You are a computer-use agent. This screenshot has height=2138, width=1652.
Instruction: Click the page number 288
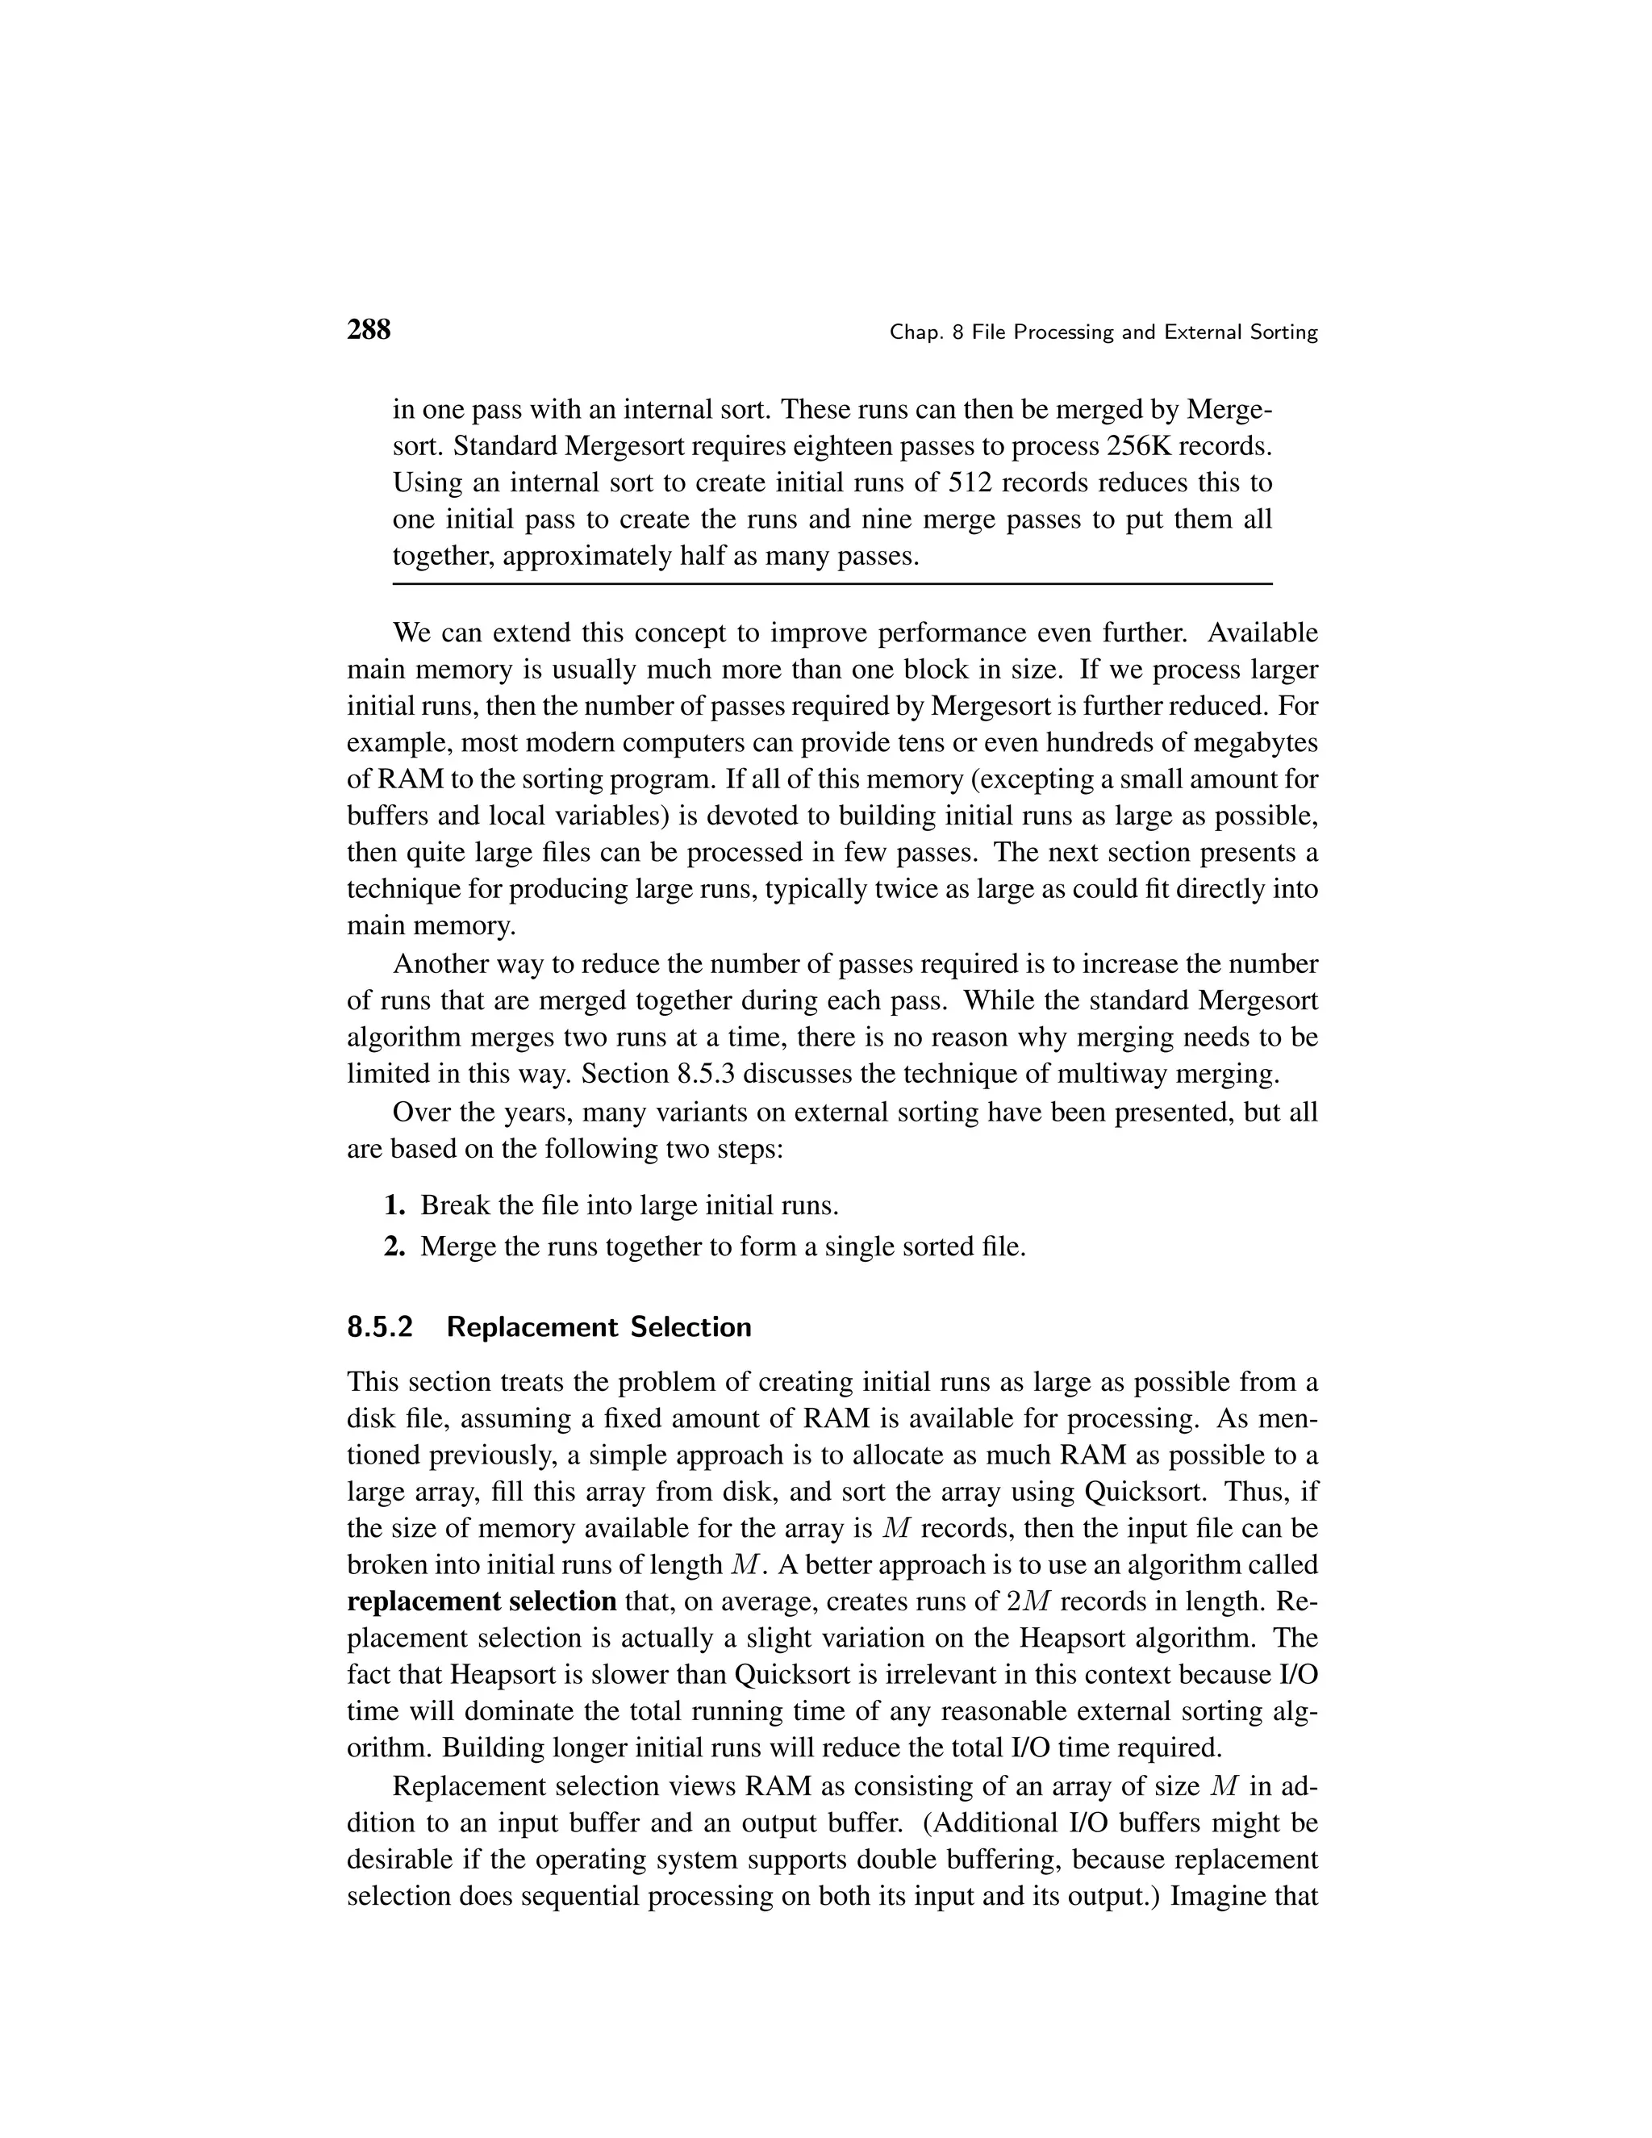tap(369, 330)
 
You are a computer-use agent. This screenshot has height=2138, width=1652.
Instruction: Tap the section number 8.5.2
tap(380, 1327)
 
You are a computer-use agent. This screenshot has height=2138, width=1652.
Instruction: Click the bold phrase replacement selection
tap(482, 1601)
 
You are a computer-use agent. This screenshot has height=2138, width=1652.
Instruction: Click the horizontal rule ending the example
tap(832, 584)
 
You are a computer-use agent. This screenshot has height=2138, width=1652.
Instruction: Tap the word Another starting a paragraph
tap(442, 964)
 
